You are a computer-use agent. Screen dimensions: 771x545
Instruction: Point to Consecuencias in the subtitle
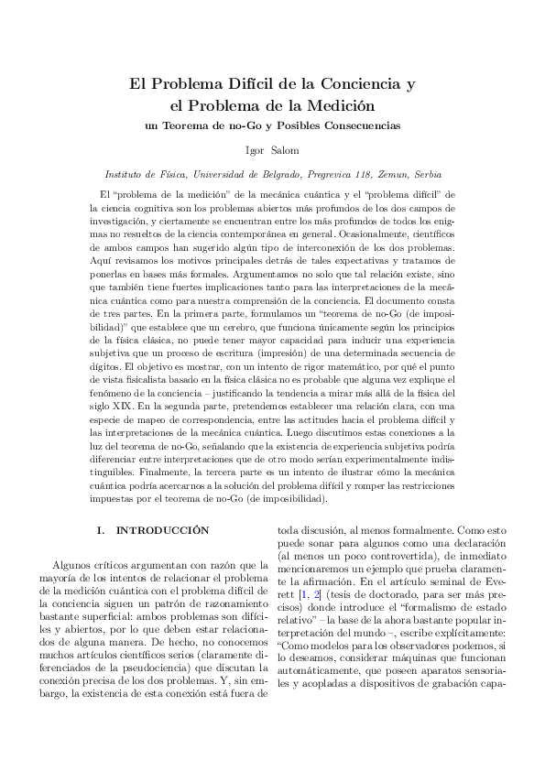coord(364,125)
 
